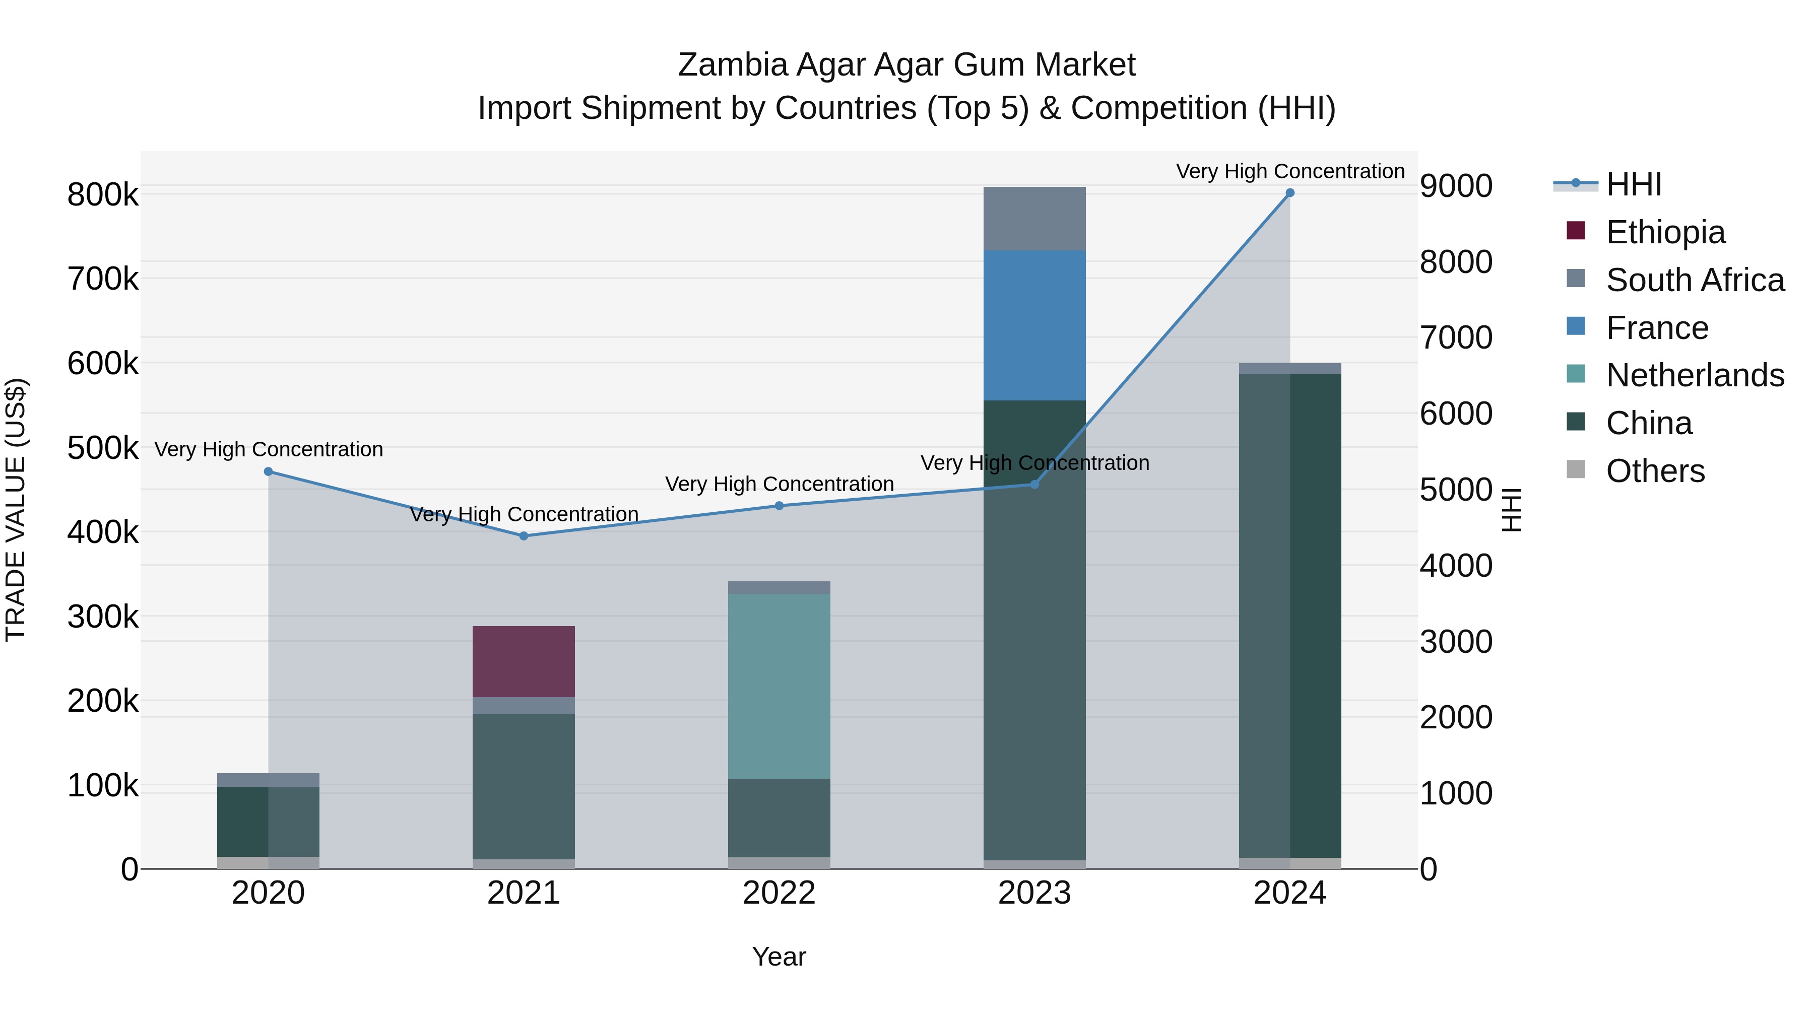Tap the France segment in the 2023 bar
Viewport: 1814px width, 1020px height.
(x=1034, y=325)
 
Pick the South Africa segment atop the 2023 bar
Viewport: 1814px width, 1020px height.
(x=1034, y=218)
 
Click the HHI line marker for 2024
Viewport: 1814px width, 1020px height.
(x=1290, y=193)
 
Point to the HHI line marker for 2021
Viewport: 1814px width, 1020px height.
(x=523, y=536)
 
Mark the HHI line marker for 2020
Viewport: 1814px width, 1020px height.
(x=268, y=471)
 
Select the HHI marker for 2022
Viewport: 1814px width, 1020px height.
(x=779, y=505)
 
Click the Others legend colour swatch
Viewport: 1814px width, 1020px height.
(x=1576, y=469)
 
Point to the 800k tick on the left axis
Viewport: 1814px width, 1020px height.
(x=103, y=195)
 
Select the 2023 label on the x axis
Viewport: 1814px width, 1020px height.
(x=1034, y=893)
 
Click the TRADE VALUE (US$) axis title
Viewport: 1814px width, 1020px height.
(x=16, y=510)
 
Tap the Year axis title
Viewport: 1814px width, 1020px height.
(x=779, y=957)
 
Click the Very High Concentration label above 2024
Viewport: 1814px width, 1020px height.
(x=1290, y=171)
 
